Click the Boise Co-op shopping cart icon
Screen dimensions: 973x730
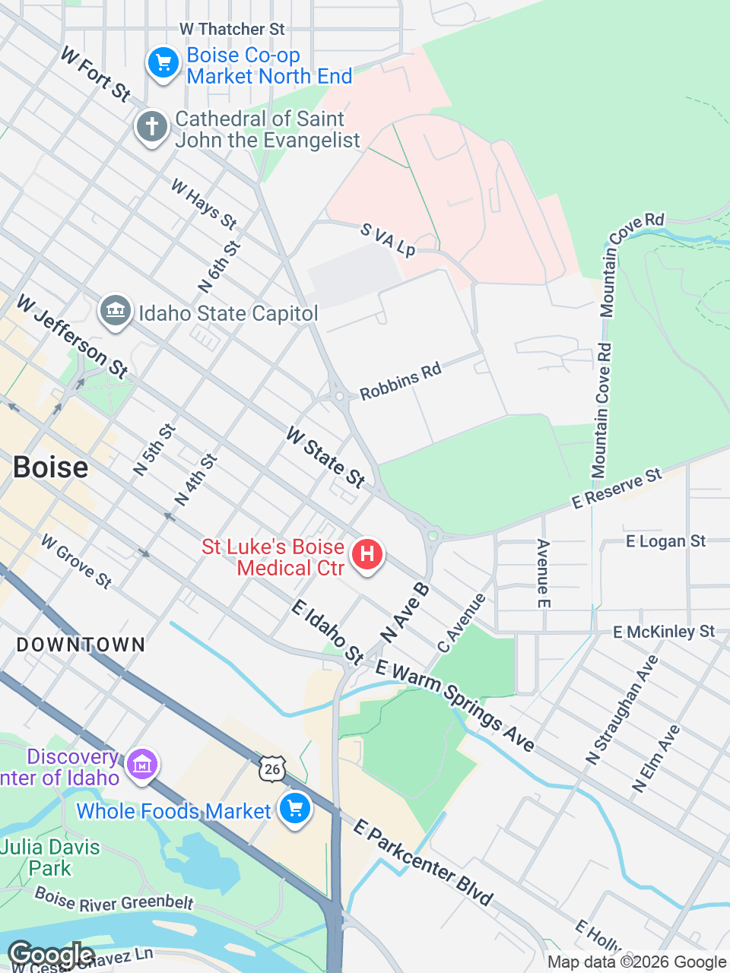[163, 63]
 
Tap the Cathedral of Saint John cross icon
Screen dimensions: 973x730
[152, 127]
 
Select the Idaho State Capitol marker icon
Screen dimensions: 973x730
[116, 312]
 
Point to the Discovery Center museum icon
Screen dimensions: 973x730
[142, 764]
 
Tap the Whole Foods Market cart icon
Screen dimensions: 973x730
[295, 809]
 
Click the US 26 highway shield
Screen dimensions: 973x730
[271, 769]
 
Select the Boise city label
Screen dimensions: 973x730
[50, 467]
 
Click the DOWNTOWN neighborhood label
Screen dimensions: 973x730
[81, 645]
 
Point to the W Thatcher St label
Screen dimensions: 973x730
[232, 29]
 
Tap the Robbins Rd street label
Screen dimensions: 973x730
[401, 382]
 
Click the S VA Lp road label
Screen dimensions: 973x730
[388, 239]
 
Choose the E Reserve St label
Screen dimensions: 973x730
[617, 489]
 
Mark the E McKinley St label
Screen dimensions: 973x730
[664, 632]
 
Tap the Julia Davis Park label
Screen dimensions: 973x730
[50, 857]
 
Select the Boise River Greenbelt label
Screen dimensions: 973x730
[114, 900]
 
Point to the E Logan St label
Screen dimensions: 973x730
[665, 541]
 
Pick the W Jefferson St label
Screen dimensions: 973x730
[71, 336]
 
